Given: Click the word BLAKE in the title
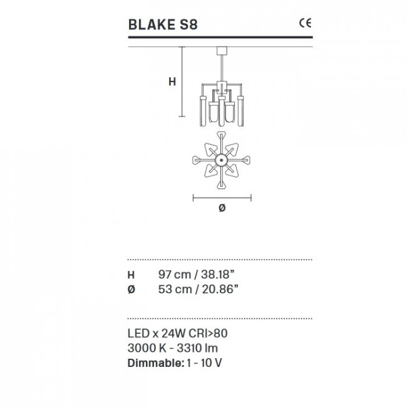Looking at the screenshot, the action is click(152, 24).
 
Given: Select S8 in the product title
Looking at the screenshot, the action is click(188, 24).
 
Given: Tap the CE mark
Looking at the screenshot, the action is click(305, 23).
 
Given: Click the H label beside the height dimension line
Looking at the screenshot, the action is click(172, 81).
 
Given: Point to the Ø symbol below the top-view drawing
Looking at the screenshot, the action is click(222, 208).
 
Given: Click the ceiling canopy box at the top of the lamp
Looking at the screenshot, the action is click(222, 51).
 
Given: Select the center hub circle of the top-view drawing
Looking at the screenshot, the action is click(221, 160).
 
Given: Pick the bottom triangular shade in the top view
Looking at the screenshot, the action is click(221, 185).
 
